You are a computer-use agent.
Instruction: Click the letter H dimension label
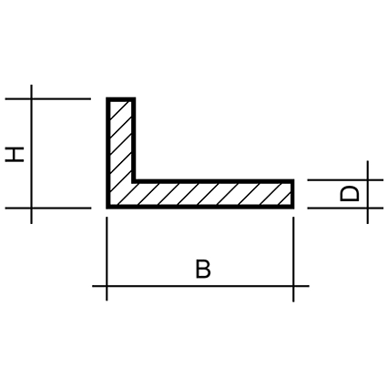pyautogui.click(x=15, y=155)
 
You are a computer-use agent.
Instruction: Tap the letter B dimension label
pyautogui.click(x=203, y=269)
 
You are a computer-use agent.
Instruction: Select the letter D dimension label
pyautogui.click(x=350, y=194)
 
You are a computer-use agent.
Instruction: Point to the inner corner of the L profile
pyautogui.click(x=134, y=181)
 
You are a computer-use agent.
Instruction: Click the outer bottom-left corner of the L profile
pyautogui.click(x=107, y=209)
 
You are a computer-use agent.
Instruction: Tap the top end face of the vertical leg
pyautogui.click(x=121, y=99)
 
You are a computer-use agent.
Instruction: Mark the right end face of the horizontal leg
pyautogui.click(x=292, y=194)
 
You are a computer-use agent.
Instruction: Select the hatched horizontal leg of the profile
pyautogui.click(x=200, y=194)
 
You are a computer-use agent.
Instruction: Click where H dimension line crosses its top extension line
pyautogui.click(x=31, y=98)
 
